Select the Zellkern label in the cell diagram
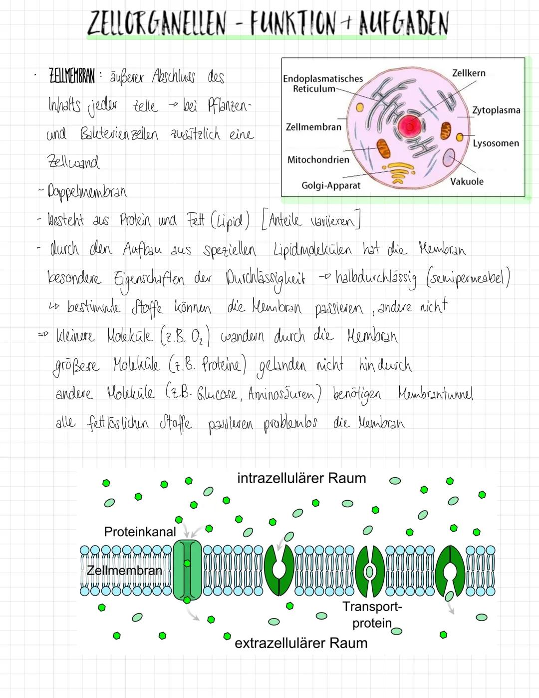coord(468,73)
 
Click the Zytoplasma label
coord(496,110)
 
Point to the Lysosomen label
coord(496,143)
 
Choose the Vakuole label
coord(467,181)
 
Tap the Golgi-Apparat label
coord(331,185)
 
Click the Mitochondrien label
coord(318,160)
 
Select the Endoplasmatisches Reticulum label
coord(322,83)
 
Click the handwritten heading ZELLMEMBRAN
coord(72,78)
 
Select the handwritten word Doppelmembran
coord(87,192)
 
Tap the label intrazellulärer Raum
coord(301,478)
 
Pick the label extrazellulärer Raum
coord(300,643)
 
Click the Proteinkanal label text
coord(140,532)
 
